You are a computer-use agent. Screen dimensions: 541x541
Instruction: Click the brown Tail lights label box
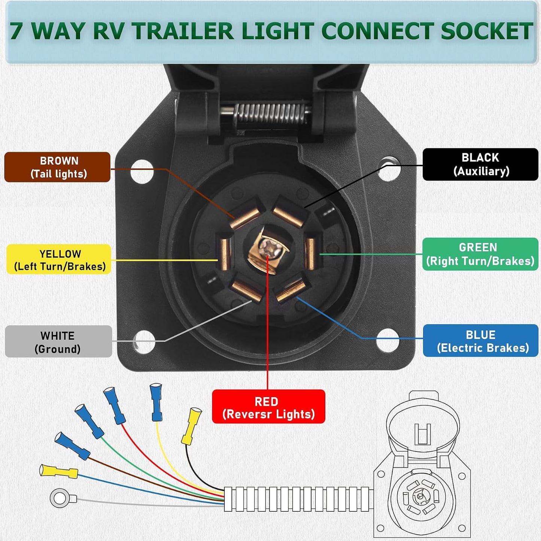pyautogui.click(x=57, y=167)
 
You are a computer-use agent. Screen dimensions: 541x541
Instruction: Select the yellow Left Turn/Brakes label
pyautogui.click(x=59, y=259)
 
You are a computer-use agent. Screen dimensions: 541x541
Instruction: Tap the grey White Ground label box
pyautogui.click(x=58, y=341)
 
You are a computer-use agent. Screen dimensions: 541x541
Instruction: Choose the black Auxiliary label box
pyautogui.click(x=480, y=164)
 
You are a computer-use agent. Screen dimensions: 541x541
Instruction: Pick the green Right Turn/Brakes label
pyautogui.click(x=480, y=254)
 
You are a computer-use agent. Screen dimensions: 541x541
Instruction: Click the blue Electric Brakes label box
pyautogui.click(x=480, y=341)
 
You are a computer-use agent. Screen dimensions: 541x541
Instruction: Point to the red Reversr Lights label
pyautogui.click(x=268, y=407)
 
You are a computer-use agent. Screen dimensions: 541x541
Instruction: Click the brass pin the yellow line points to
pyautogui.click(x=225, y=254)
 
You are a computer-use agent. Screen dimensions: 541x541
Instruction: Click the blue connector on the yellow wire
pyautogui.click(x=156, y=402)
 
